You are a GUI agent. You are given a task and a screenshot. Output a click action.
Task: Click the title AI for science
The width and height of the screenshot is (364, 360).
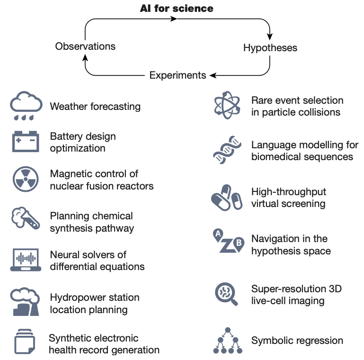(177, 8)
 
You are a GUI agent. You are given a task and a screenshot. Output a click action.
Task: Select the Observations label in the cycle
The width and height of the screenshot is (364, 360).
(85, 46)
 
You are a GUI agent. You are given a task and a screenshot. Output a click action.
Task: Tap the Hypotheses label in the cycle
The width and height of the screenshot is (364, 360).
(270, 47)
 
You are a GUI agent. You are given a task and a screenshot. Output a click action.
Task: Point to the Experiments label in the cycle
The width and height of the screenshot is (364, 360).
(178, 75)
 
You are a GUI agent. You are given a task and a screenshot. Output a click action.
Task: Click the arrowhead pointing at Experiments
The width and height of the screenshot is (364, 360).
(213, 75)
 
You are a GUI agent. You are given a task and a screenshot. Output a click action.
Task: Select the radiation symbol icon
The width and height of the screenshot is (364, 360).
(25, 180)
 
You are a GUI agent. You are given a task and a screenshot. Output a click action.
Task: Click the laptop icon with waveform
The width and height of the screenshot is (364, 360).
(26, 259)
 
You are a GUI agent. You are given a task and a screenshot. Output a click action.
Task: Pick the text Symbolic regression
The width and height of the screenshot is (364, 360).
(297, 341)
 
